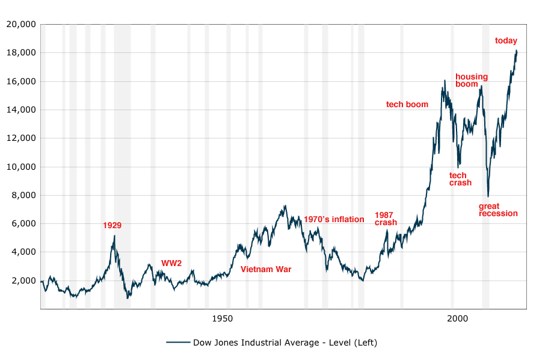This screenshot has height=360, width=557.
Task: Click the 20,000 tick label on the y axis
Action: [21, 24]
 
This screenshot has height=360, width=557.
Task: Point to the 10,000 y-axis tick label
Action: [21, 167]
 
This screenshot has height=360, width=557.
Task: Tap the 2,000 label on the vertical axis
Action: [24, 281]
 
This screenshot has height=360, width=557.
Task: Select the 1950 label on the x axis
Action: [223, 318]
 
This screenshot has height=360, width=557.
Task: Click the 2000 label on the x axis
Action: [458, 318]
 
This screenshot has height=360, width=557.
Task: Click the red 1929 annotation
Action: [112, 226]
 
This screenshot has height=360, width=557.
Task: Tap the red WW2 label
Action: [171, 263]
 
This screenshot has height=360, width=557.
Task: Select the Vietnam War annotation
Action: [266, 269]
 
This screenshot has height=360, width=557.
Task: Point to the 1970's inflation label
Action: [334, 219]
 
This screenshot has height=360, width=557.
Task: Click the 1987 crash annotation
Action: [386, 219]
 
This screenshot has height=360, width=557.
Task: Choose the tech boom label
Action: [407, 105]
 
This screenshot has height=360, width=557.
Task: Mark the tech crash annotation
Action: [460, 179]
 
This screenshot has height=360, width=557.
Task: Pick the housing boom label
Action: [472, 80]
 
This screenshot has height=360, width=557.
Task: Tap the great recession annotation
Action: [498, 209]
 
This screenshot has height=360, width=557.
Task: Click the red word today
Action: [506, 41]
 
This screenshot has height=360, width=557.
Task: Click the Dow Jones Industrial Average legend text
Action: [285, 343]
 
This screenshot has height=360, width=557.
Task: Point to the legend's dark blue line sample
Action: [178, 343]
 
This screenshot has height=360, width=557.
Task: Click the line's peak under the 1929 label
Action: [114, 235]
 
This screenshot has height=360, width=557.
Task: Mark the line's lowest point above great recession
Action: [488, 196]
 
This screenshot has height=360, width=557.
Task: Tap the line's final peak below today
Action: [517, 51]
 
